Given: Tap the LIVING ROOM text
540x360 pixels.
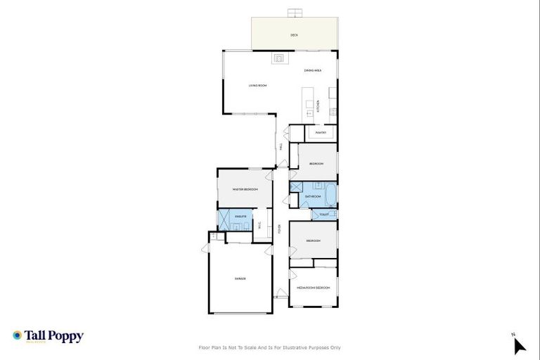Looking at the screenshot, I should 257,86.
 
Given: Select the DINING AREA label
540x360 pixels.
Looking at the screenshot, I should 313,71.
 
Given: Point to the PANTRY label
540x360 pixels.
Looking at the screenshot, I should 320,132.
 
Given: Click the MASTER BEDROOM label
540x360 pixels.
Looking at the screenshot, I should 245,190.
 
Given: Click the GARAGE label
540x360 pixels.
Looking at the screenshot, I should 240,279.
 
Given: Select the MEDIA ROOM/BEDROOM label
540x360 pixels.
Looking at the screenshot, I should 313,288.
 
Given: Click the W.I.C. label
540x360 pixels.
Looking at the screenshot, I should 260,226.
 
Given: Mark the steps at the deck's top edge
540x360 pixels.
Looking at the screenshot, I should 295,13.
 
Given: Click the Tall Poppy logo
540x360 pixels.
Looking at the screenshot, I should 49,336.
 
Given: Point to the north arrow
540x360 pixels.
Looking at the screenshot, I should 519,345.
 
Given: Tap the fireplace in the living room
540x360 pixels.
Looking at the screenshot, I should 278,57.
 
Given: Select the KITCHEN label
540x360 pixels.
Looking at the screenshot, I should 318,106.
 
